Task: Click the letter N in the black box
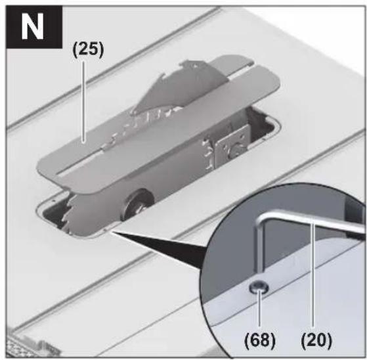click(x=32, y=26)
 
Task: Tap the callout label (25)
click(x=88, y=50)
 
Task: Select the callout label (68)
click(x=260, y=340)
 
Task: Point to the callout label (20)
click(x=316, y=340)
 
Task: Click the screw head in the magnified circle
click(x=259, y=288)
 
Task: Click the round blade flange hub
click(x=137, y=204)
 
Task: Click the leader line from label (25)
click(x=83, y=101)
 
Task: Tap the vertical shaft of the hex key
click(x=260, y=246)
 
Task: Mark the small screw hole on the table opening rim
click(x=105, y=230)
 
